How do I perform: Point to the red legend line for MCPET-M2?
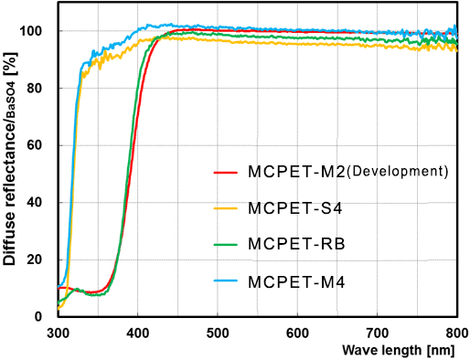click(x=226, y=172)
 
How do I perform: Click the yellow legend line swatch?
click(x=226, y=208)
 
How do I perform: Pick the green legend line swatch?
click(x=226, y=245)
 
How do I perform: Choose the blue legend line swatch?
click(x=226, y=281)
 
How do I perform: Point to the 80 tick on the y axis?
click(x=40, y=89)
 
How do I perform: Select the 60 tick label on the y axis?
click(x=40, y=145)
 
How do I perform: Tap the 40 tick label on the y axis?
click(x=40, y=203)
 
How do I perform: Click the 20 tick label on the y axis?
click(x=40, y=259)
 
